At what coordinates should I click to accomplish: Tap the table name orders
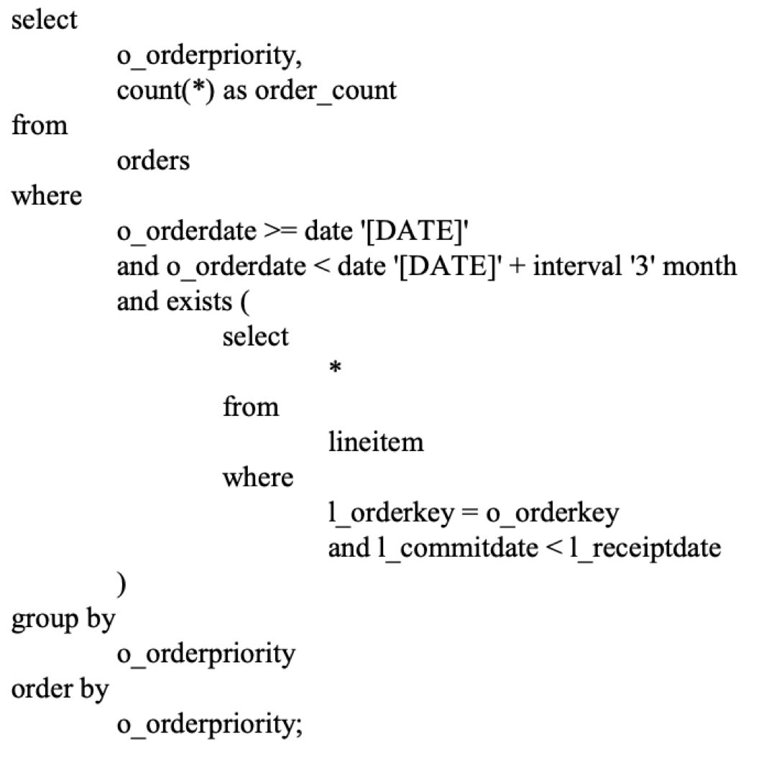tap(153, 161)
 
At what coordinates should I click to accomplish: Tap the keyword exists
tap(201, 302)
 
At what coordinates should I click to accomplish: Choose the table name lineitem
tap(375, 442)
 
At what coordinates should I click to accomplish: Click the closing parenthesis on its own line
tap(121, 584)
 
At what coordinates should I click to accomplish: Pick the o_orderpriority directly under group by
tap(206, 654)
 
